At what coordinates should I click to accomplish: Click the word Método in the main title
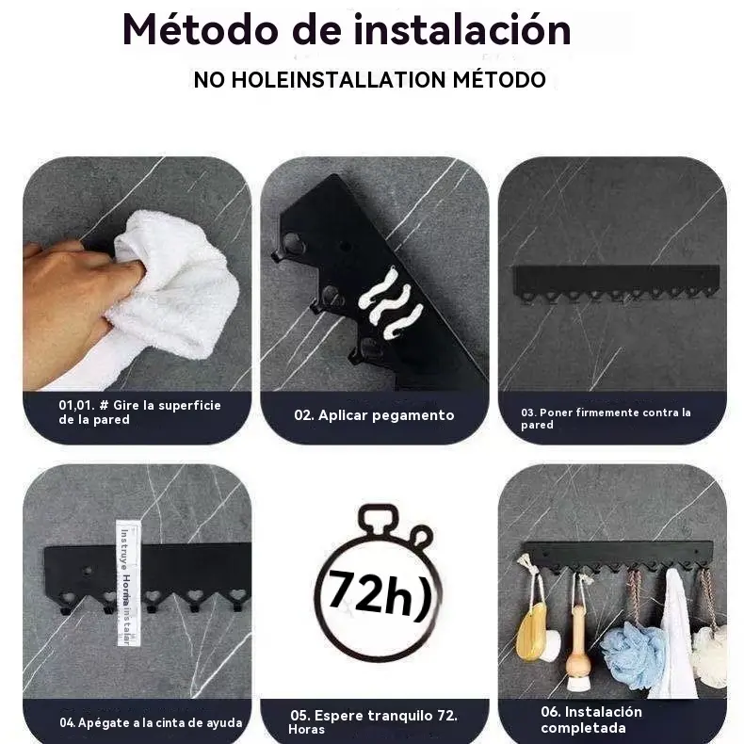coord(200,30)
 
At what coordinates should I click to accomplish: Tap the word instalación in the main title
coord(461,30)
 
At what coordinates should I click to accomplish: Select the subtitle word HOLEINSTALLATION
coord(338,79)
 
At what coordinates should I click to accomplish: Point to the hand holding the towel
coord(76,303)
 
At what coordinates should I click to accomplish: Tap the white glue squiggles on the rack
coord(391,303)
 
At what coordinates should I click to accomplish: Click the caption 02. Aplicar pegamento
coord(374,415)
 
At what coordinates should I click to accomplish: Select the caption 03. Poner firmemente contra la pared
coord(606,418)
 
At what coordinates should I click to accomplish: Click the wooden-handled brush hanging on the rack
coord(578,648)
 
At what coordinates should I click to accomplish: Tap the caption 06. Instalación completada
coord(591,720)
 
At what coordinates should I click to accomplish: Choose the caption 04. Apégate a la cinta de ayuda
coord(151,722)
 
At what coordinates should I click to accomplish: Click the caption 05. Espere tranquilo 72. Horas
coord(373,721)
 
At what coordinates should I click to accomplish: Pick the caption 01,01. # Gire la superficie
coord(139,412)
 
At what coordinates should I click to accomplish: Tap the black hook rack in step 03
coord(616,283)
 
